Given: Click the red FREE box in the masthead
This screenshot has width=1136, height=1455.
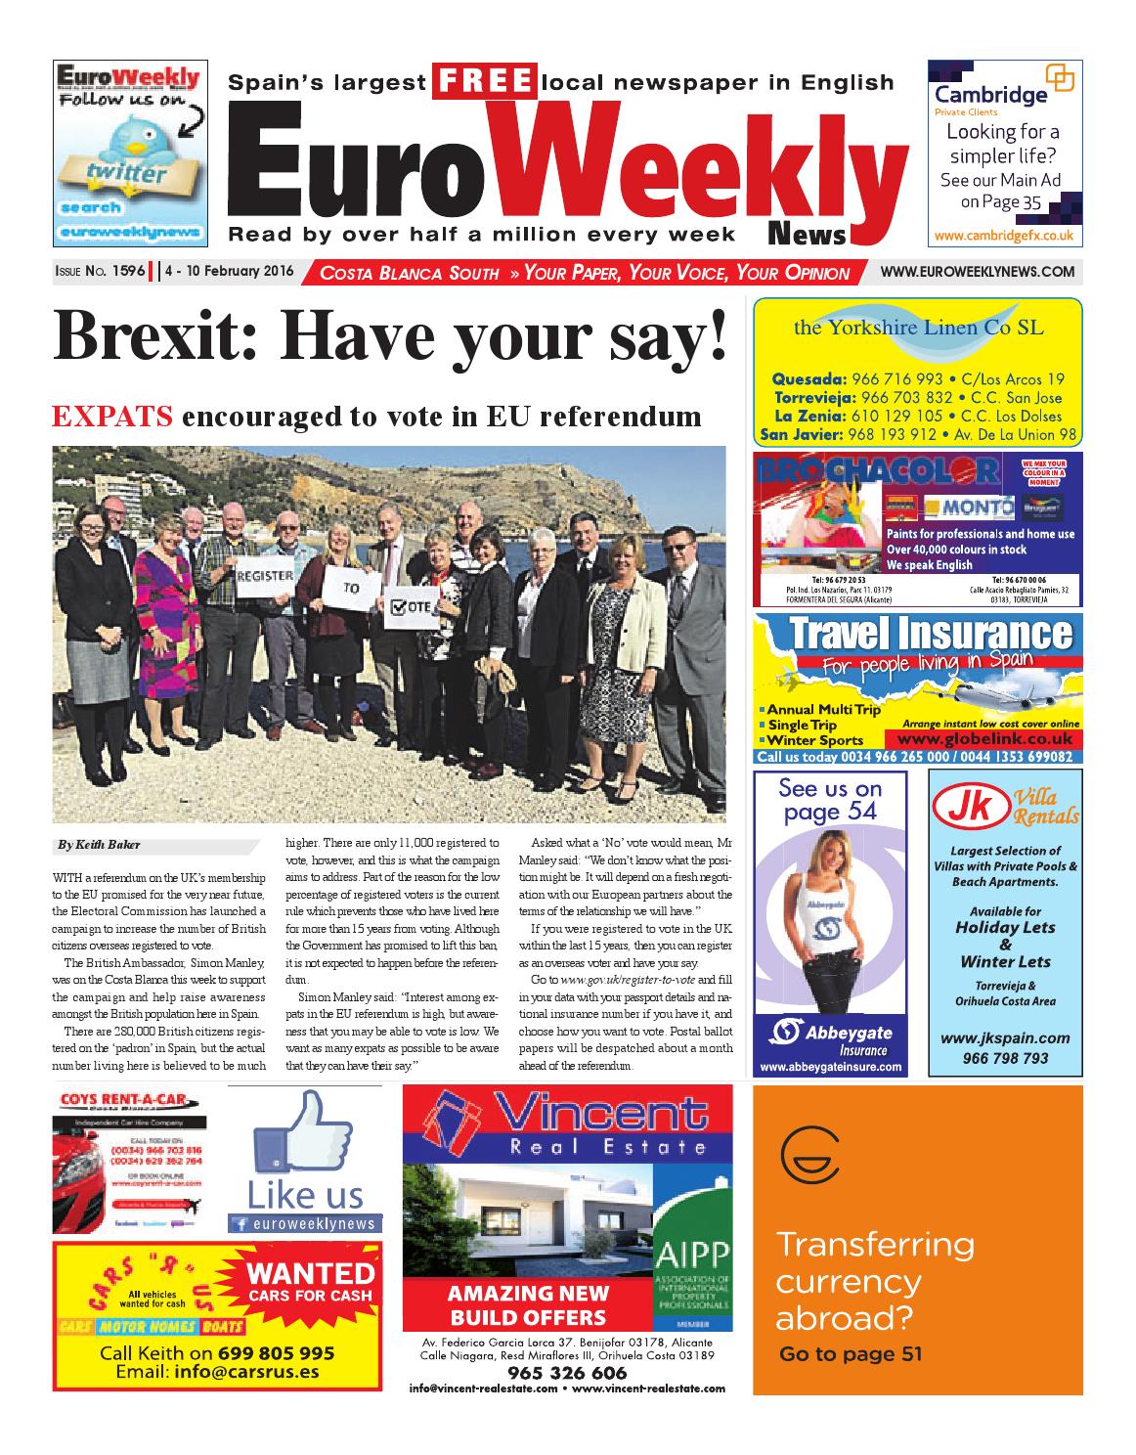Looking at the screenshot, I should click(486, 82).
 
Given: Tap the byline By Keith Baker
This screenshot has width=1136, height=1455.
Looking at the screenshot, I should click(98, 844).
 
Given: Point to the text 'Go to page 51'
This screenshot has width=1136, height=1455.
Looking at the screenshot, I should click(850, 1354).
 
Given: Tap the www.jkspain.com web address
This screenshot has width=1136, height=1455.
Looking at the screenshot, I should click(1004, 1038).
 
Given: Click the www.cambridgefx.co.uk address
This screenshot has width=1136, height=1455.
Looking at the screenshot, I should click(1004, 236).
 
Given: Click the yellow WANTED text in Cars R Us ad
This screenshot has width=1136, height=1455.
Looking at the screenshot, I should click(310, 1273).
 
